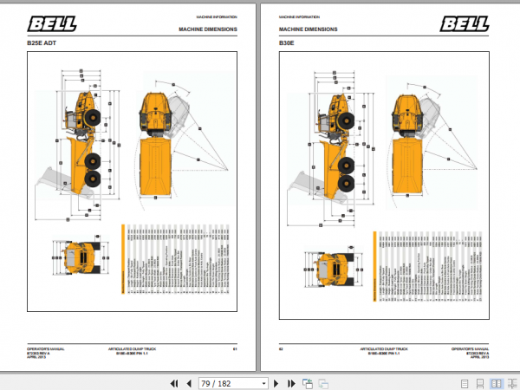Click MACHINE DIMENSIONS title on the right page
tap(308, 29)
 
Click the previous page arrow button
tap(186, 382)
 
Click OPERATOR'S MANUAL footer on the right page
tap(471, 348)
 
